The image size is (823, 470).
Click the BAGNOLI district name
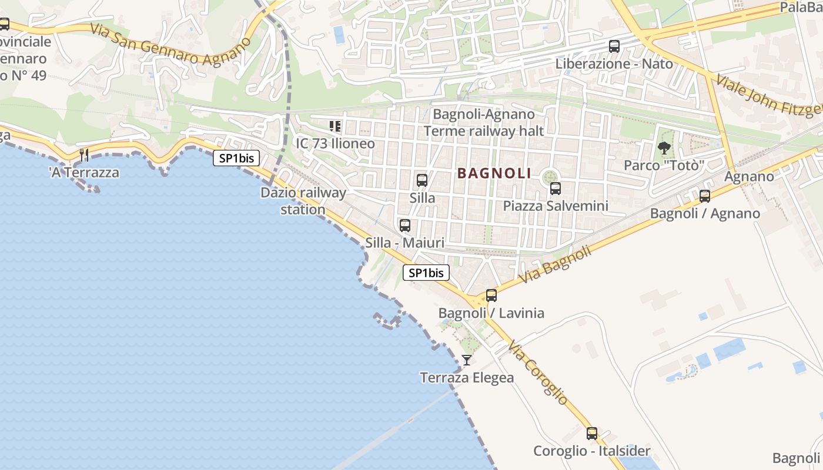point(494,173)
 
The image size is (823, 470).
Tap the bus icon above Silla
point(421,180)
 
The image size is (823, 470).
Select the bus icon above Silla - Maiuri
point(404,225)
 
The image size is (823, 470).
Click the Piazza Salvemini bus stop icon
point(555,189)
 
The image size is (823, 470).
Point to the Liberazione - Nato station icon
point(614,46)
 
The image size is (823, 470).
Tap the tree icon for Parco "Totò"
point(664,148)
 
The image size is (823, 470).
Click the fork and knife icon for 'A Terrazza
point(84,155)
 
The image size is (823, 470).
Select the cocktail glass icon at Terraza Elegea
point(467,360)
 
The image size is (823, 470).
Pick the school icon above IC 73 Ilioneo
point(335,126)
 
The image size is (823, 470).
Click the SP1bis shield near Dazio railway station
point(236,158)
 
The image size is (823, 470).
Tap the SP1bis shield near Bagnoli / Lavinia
point(426,273)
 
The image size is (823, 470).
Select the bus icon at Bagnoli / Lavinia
point(491,296)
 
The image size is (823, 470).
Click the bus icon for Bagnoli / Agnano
point(704,196)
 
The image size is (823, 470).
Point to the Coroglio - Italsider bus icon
point(591,434)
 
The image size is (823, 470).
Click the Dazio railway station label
point(303,201)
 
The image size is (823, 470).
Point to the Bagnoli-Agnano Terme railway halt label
point(484,122)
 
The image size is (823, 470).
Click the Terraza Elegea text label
point(467,378)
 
